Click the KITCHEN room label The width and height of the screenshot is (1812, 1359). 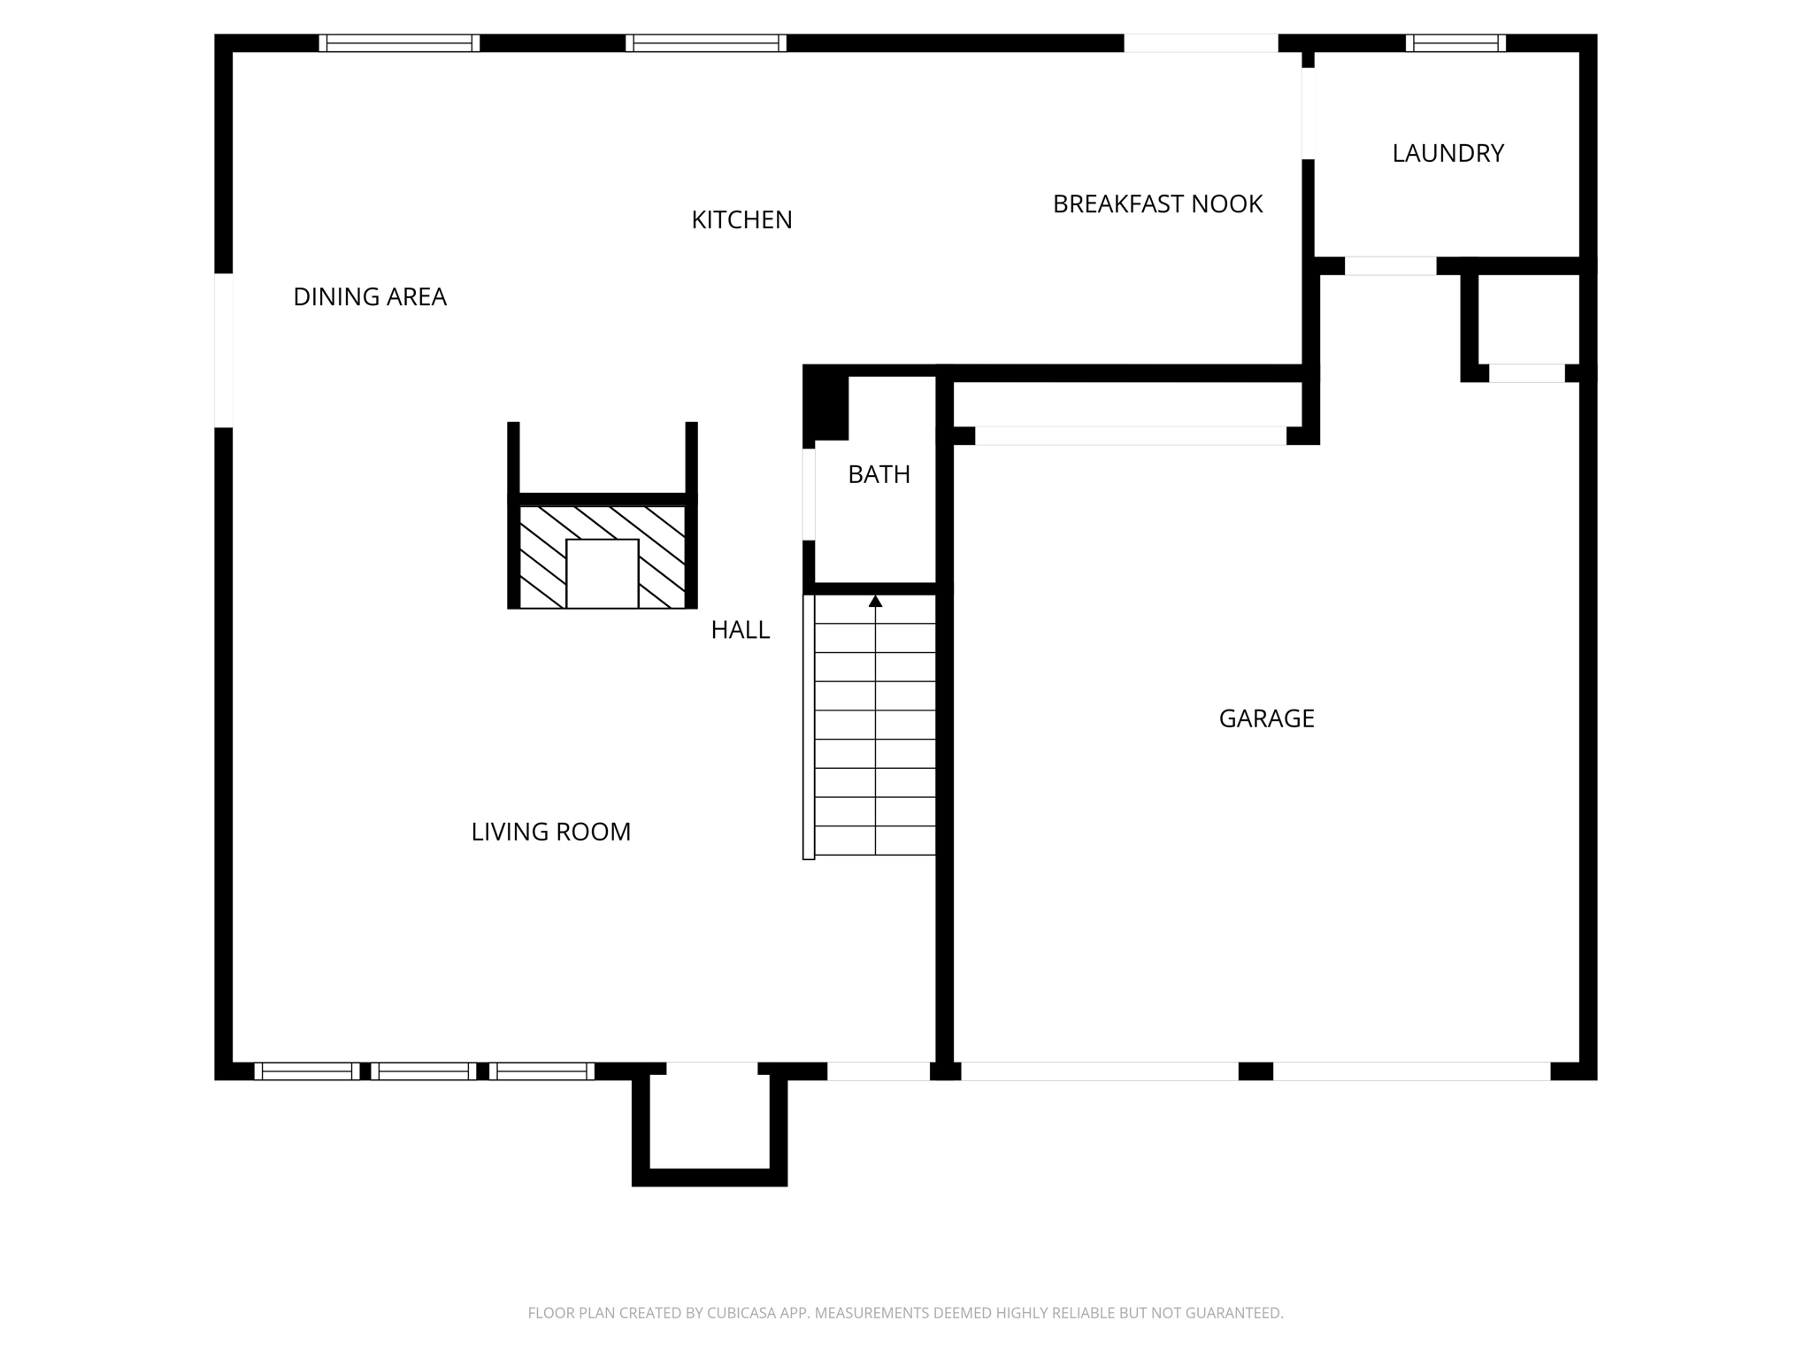[741, 220]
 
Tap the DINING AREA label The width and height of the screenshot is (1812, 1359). [370, 297]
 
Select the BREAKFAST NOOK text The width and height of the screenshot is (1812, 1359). [1157, 204]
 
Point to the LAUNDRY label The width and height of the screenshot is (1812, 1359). [1447, 154]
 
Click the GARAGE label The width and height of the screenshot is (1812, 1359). [1266, 718]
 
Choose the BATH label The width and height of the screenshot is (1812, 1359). [879, 475]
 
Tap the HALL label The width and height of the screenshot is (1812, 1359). [741, 630]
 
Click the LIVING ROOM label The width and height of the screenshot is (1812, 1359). [550, 832]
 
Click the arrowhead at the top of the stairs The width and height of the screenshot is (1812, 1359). [875, 602]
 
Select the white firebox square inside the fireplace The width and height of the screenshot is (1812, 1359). [602, 573]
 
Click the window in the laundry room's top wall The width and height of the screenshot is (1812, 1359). [1455, 43]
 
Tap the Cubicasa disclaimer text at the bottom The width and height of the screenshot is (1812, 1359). [905, 1313]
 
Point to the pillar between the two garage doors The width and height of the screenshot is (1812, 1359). [1255, 1071]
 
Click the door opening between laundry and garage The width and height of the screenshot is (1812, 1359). [1390, 265]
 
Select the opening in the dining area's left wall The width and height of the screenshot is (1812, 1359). [224, 350]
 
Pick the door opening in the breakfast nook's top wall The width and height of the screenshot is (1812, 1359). [1201, 43]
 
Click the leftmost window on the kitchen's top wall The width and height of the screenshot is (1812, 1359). [399, 43]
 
